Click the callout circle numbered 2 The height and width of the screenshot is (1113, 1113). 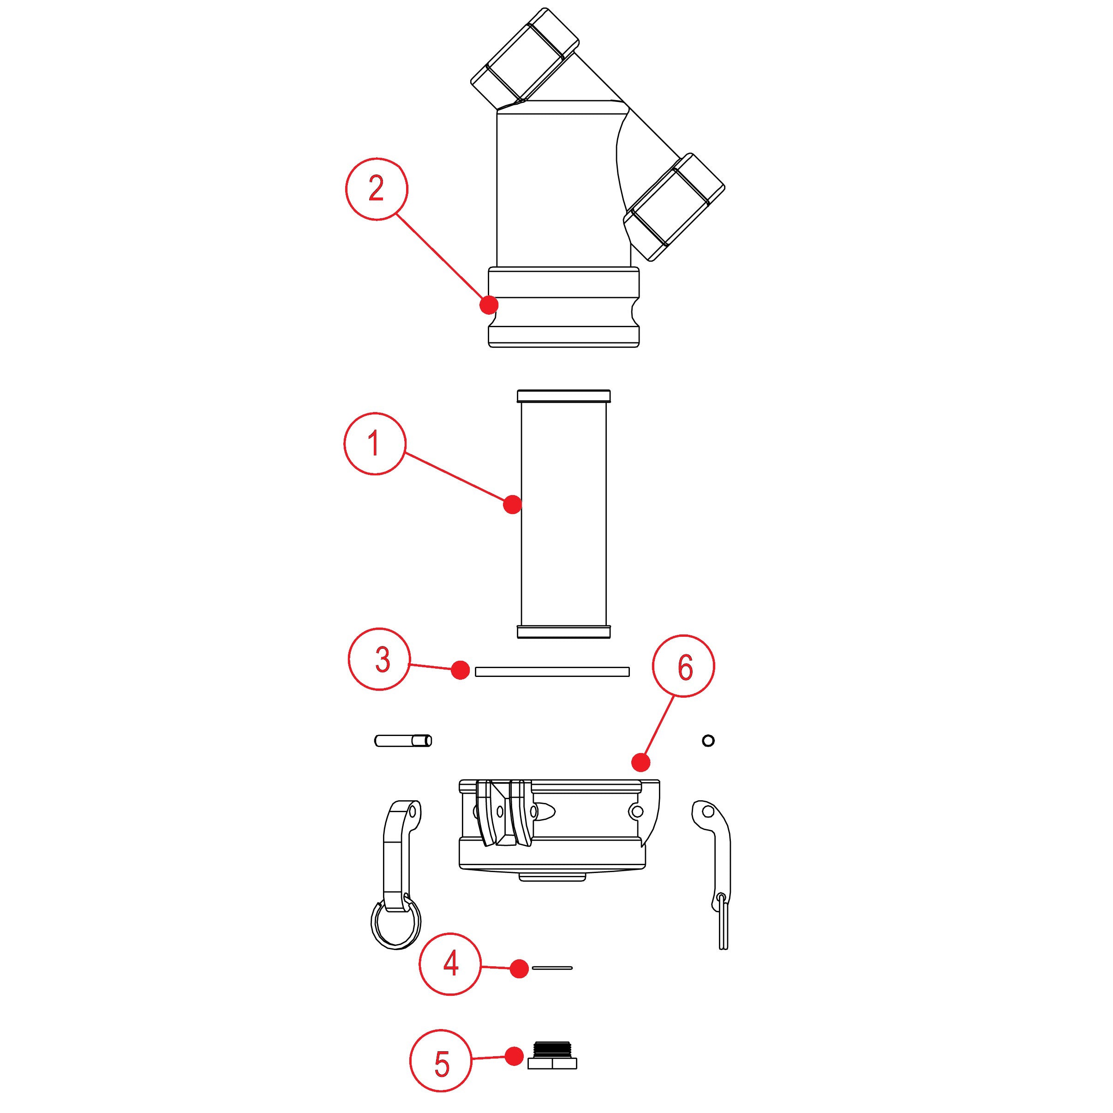376,188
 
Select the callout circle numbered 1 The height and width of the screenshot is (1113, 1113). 375,443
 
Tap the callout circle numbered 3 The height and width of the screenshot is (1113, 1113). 380,659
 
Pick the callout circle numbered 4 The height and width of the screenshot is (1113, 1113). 450,963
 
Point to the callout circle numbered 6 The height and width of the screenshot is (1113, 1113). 684,666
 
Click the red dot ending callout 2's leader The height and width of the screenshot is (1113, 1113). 489,304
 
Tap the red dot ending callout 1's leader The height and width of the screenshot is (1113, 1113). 512,505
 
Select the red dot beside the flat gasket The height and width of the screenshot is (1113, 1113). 461,670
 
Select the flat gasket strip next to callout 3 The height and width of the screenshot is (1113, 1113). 552,672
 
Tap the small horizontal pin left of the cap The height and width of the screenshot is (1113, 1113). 403,740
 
